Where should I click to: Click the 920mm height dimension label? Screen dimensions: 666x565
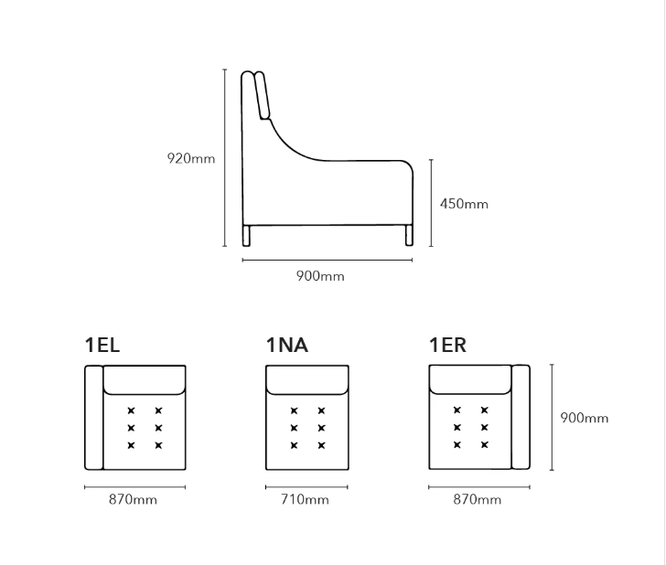tap(191, 158)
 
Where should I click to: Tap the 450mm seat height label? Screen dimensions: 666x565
tap(464, 204)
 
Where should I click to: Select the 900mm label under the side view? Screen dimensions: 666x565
tap(320, 276)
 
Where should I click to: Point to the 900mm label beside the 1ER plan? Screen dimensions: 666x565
tap(585, 418)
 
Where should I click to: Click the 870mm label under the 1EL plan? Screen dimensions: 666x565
tap(133, 499)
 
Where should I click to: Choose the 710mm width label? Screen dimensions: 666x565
tap(305, 499)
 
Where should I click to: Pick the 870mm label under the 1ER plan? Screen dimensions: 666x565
tap(477, 499)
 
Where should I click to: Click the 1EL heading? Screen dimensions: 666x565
tap(102, 345)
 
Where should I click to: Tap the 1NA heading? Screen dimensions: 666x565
tap(286, 345)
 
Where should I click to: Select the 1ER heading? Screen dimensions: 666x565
tap(447, 345)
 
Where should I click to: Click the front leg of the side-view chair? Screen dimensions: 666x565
tap(409, 235)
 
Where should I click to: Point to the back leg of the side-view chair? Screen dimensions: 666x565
tap(246, 235)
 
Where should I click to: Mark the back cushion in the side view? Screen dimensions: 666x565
tap(262, 95)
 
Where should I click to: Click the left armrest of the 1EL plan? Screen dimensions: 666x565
tap(94, 418)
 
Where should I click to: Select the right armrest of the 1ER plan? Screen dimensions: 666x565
tap(521, 417)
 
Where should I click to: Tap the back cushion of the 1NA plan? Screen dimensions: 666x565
tap(307, 380)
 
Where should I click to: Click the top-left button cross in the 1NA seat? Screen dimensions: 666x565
tap(294, 410)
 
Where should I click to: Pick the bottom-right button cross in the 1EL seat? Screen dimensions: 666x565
tap(158, 445)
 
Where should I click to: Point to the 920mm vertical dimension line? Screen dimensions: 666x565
tap(225, 157)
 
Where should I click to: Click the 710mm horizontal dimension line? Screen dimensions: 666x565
tap(306, 487)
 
